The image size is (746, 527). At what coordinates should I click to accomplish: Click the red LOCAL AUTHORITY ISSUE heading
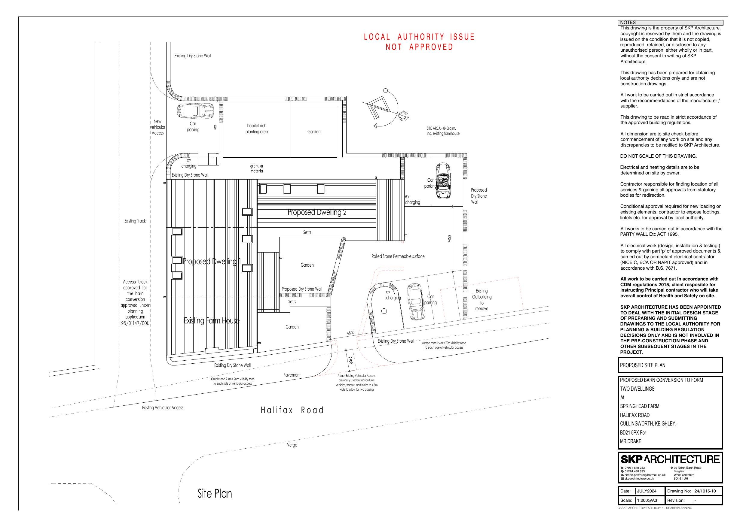tap(419, 37)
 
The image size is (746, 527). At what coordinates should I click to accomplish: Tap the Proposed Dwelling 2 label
tap(317, 212)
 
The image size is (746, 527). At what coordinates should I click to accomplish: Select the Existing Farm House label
tap(212, 321)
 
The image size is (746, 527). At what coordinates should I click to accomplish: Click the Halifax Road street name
tap(292, 410)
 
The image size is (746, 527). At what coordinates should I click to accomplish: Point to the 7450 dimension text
tap(450, 239)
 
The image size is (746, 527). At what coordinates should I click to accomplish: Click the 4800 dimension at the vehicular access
tap(350, 333)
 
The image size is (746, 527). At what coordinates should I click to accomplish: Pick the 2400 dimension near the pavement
tap(350, 360)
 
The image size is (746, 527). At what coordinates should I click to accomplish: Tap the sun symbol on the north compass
tap(402, 115)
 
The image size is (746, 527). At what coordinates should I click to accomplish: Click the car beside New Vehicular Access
tap(195, 111)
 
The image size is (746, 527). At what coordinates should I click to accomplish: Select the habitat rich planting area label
tap(257, 129)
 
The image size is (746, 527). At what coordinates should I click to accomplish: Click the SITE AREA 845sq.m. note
tap(443, 131)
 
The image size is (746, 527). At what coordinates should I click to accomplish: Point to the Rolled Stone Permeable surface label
tap(398, 256)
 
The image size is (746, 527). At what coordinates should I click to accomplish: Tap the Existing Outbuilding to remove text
tap(482, 300)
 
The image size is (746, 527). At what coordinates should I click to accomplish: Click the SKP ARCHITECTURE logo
tap(670, 459)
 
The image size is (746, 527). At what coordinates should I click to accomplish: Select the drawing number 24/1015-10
tap(705, 491)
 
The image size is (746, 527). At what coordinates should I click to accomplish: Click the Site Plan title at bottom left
tap(215, 494)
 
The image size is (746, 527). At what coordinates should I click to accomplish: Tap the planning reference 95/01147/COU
tap(135, 323)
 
